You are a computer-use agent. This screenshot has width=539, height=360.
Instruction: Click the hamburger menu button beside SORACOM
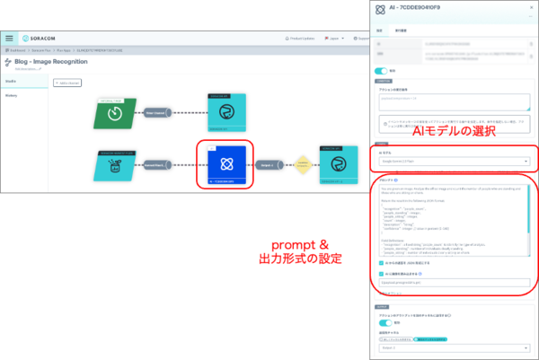pos(10,39)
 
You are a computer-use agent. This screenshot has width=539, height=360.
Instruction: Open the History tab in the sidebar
pos(13,94)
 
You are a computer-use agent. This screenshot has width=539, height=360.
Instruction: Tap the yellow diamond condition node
pos(302,165)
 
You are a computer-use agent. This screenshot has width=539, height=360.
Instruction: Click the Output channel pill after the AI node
pos(267,165)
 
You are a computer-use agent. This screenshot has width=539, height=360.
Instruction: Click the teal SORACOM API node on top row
pos(221,114)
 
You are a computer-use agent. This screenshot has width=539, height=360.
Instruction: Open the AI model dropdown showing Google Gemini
pos(454,162)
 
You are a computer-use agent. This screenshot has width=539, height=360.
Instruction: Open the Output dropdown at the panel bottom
pos(454,347)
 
